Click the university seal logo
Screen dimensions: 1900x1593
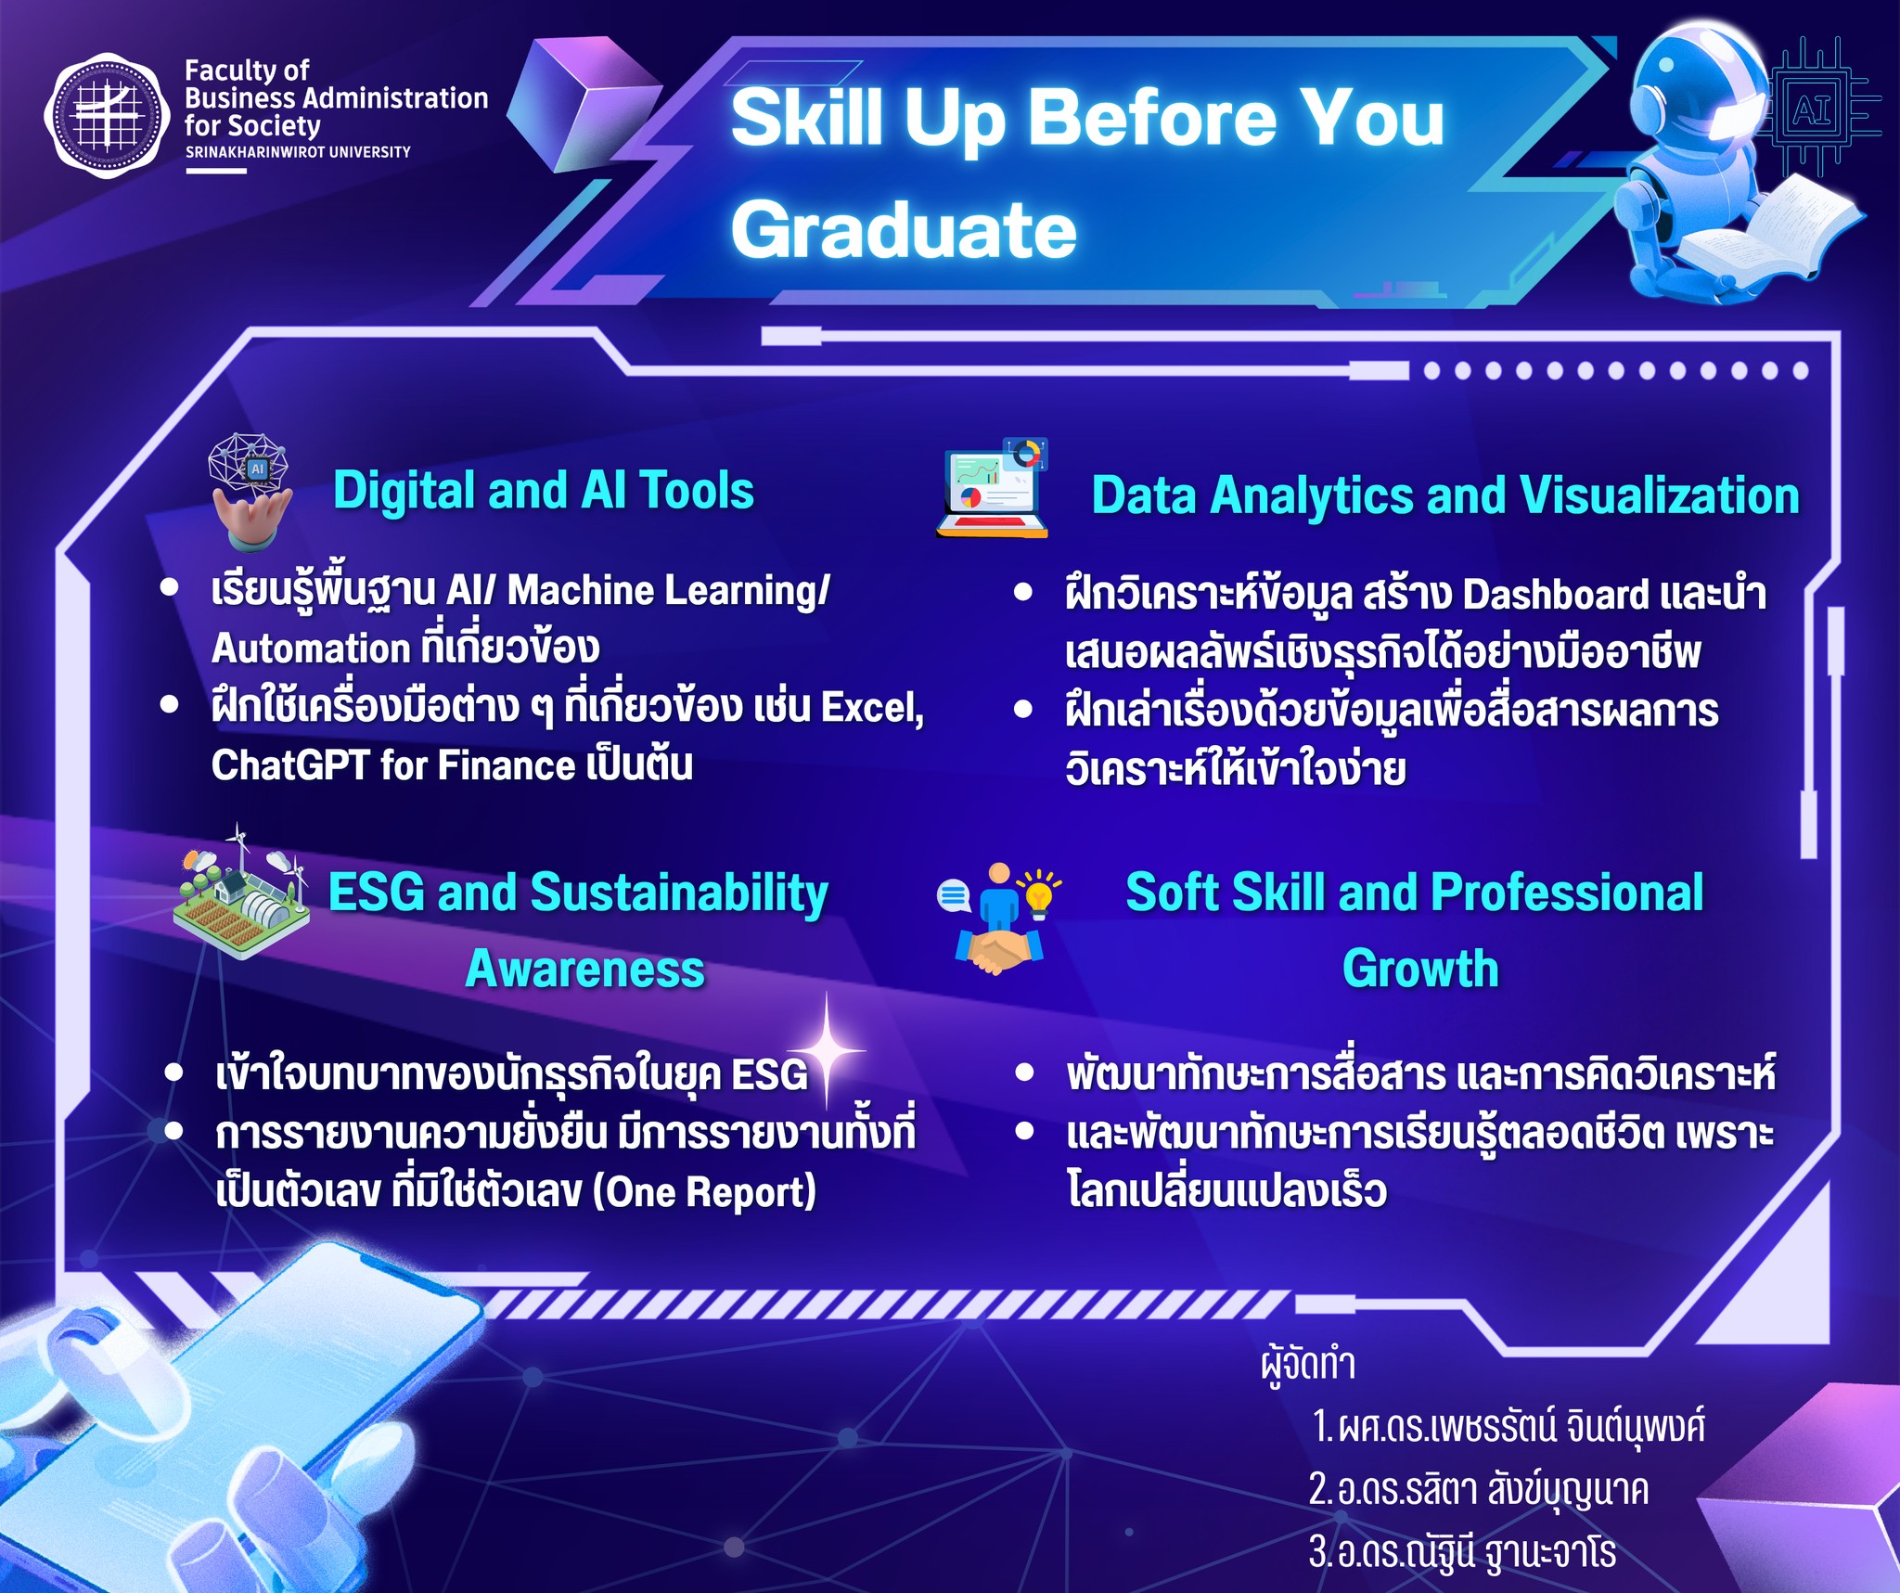tap(108, 116)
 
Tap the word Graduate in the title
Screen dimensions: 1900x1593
tap(904, 230)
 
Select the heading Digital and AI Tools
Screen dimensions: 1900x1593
tap(544, 490)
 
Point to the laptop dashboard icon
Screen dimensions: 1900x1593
tap(992, 488)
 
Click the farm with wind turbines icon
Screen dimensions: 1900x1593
tap(241, 892)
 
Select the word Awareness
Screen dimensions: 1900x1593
tap(585, 969)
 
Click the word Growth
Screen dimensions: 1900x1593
tap(1420, 969)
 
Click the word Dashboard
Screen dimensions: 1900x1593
tap(1556, 595)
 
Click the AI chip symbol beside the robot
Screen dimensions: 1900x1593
tap(1815, 110)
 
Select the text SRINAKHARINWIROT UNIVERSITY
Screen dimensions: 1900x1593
tap(298, 152)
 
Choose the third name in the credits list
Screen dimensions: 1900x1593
tap(1463, 1551)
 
